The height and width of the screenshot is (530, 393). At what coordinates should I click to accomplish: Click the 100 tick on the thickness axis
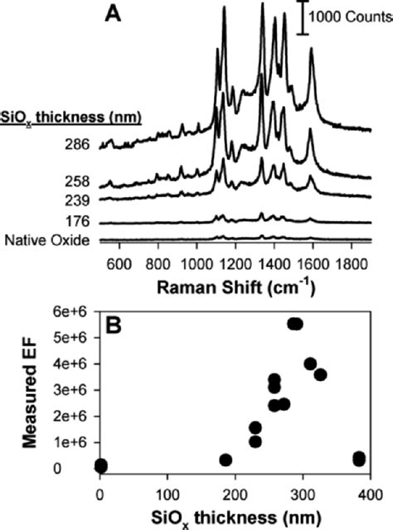point(167,491)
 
